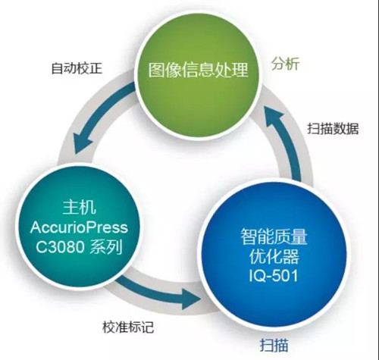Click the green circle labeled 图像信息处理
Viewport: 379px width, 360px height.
point(198,77)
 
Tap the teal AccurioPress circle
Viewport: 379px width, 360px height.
point(79,228)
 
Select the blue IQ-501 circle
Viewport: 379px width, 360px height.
point(274,255)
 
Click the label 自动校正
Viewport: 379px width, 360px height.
point(77,68)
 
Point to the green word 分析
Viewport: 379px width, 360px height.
point(286,64)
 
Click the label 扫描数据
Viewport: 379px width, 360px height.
point(333,128)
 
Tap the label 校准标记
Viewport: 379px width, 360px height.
point(128,327)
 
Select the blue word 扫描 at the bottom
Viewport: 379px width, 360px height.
point(274,345)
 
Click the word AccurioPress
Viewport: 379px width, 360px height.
point(79,227)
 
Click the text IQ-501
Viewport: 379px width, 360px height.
point(274,275)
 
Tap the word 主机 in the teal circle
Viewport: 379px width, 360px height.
point(79,208)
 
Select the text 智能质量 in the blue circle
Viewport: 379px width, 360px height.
point(274,236)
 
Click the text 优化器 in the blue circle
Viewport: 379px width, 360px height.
point(274,256)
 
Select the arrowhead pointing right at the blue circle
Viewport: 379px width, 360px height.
point(191,300)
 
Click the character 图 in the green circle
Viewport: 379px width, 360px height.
point(156,70)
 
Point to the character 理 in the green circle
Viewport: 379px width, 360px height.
point(240,70)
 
